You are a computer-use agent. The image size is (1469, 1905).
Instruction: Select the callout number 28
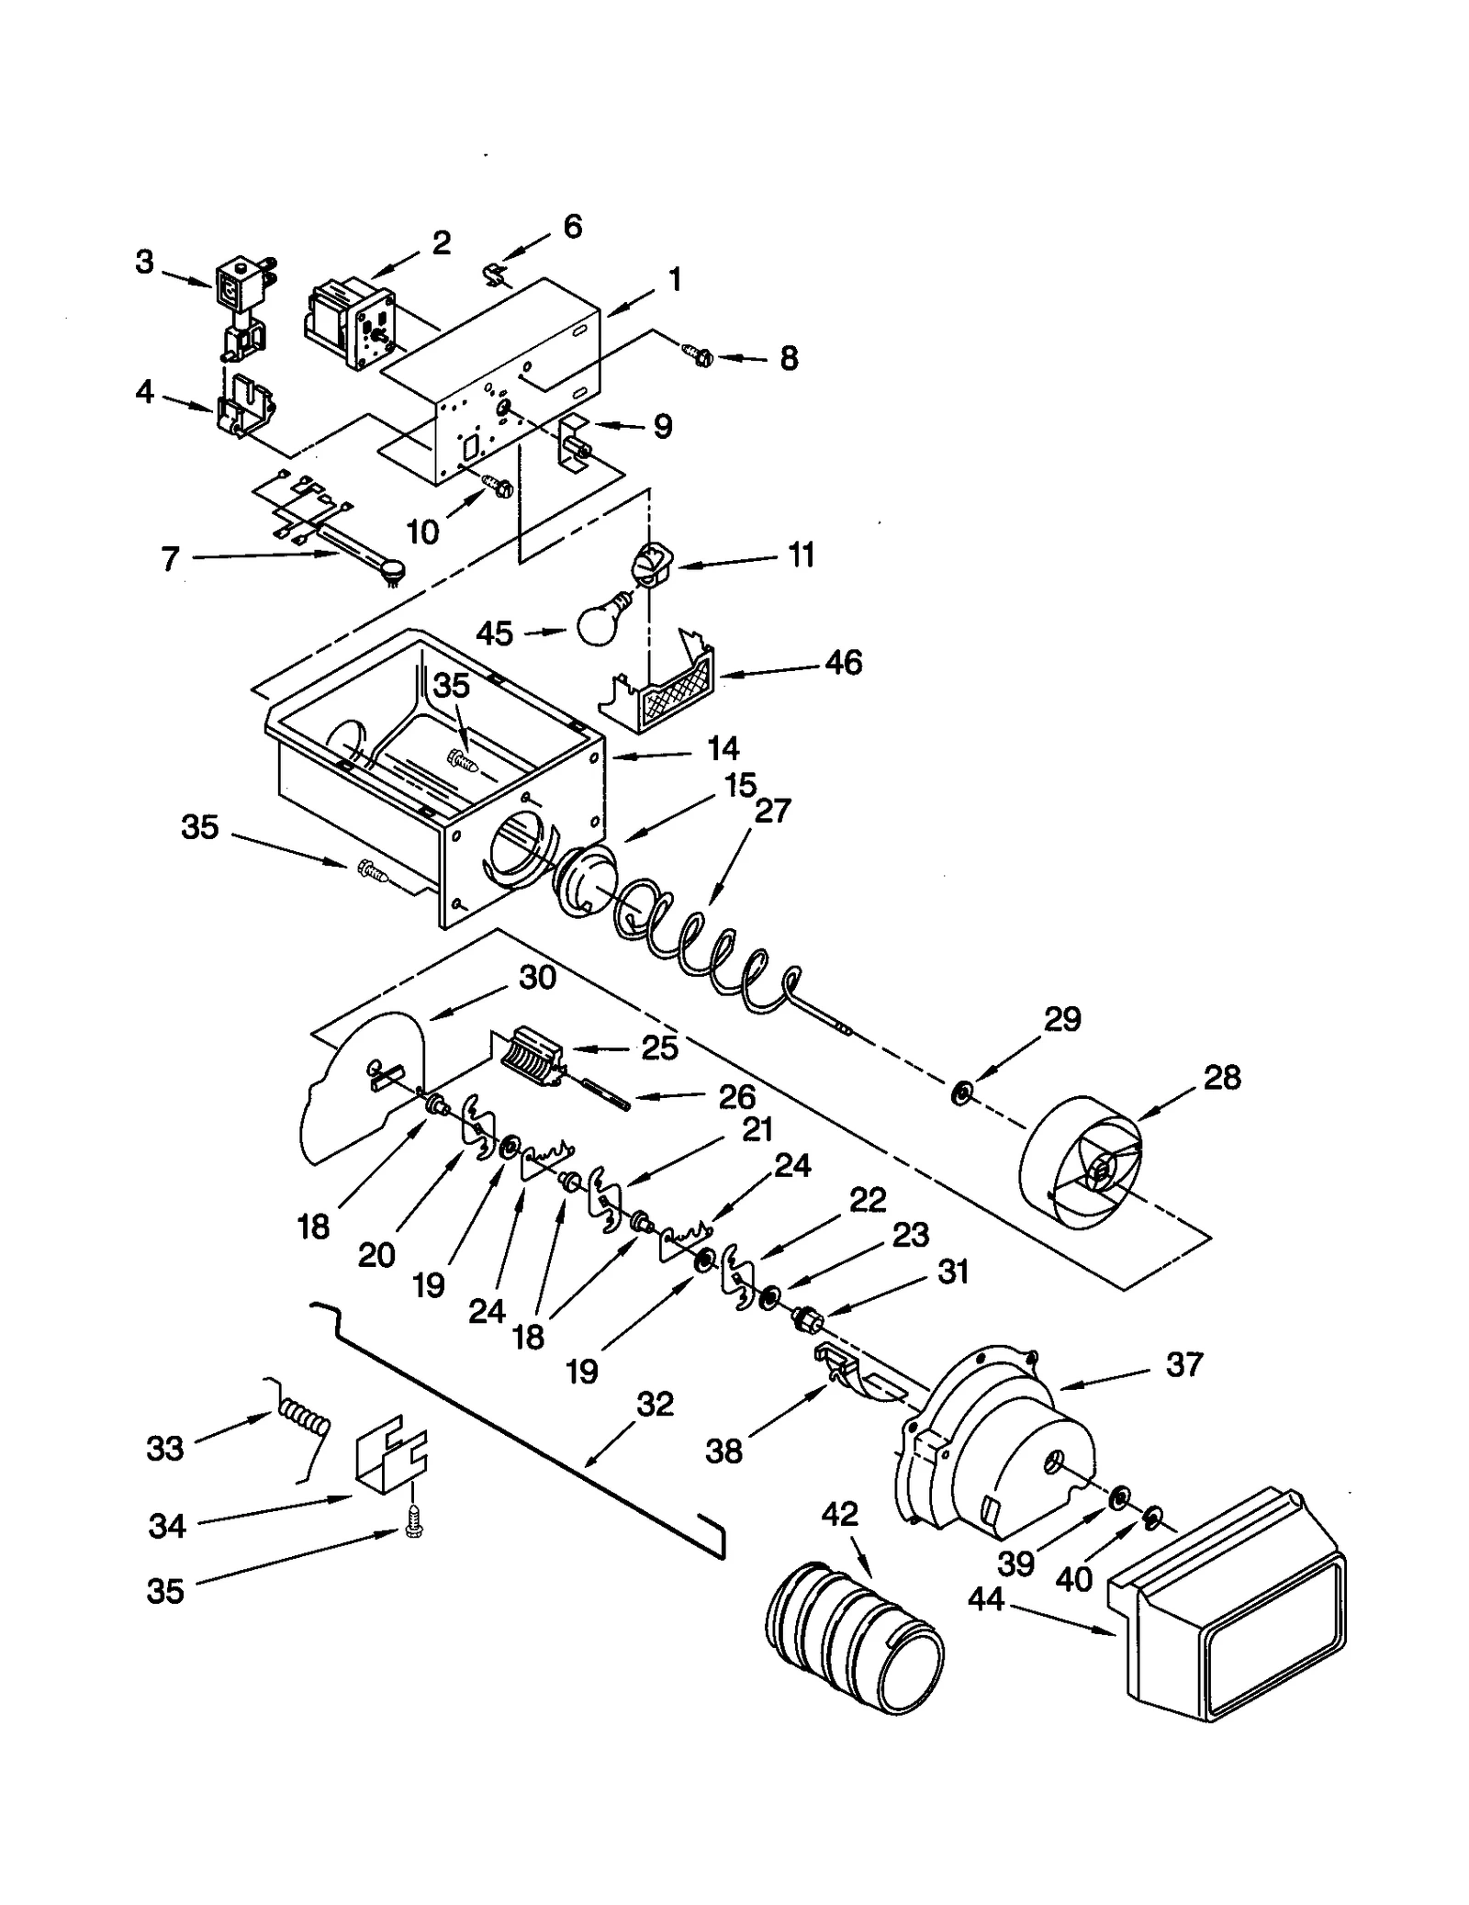click(x=1222, y=1077)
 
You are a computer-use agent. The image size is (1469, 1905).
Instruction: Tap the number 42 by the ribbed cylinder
click(x=839, y=1513)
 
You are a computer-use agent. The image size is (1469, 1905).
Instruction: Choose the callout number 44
click(x=986, y=1599)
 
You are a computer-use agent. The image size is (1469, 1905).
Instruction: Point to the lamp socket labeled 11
click(x=653, y=562)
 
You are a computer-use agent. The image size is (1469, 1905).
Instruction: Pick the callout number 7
click(x=170, y=559)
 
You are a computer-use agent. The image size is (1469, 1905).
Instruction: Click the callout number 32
click(x=655, y=1404)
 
